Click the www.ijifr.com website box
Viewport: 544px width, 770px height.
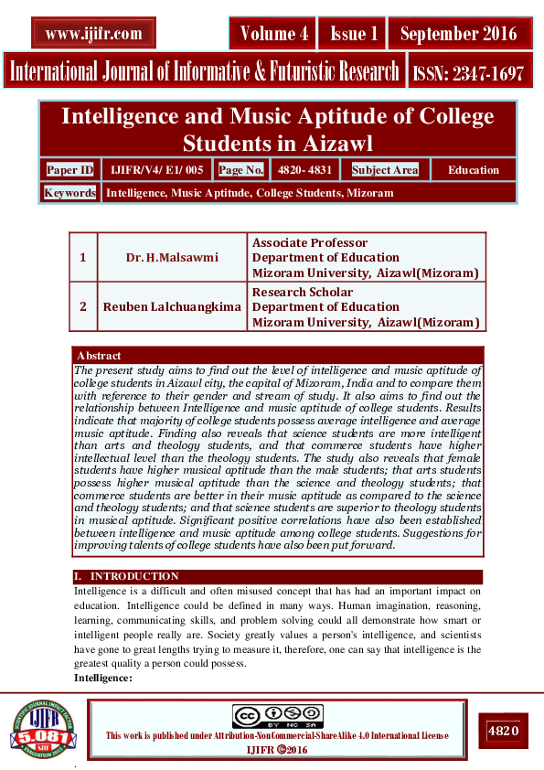pos(93,34)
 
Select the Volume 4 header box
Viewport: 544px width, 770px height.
pos(273,34)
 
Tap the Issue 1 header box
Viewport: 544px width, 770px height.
pos(353,34)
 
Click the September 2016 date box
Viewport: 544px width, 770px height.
pos(458,34)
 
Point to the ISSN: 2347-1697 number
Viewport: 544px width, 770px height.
pos(468,73)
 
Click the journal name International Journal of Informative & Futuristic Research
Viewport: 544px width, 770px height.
pos(204,71)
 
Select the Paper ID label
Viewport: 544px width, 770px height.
pos(70,169)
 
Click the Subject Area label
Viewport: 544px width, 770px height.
pos(384,170)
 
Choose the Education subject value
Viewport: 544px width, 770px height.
pos(473,170)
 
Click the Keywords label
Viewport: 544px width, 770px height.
pos(69,193)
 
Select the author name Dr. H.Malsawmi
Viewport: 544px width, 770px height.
pos(172,257)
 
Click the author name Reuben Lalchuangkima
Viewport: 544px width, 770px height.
pos(172,306)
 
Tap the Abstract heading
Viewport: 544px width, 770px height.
pos(99,355)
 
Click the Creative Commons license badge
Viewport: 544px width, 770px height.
pos(277,716)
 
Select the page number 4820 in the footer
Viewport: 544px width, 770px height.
pos(503,731)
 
